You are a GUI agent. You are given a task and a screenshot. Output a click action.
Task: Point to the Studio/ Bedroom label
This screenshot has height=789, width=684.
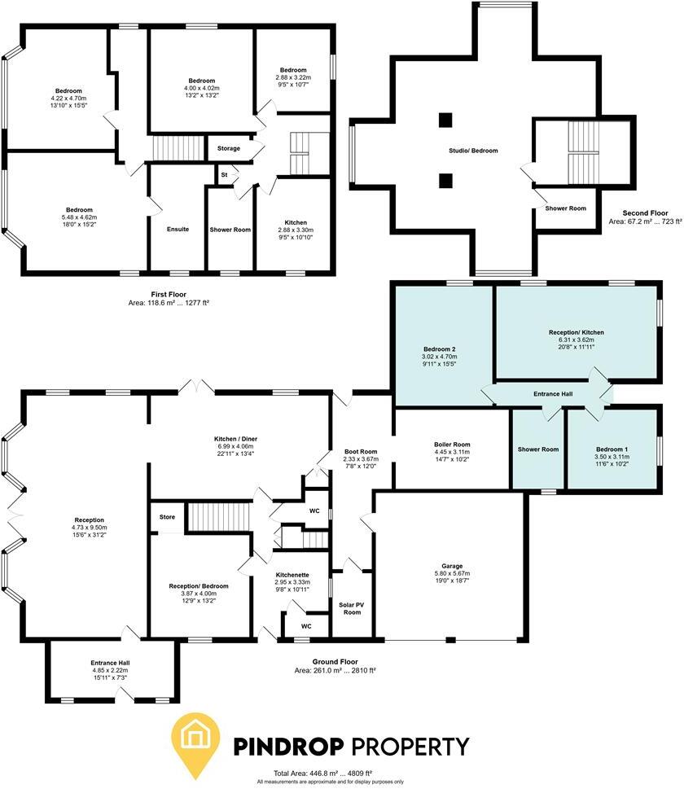point(472,151)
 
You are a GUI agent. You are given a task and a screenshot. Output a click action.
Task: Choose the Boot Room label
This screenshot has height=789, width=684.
point(361,452)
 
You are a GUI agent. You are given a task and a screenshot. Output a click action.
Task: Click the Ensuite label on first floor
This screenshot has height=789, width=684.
point(178,230)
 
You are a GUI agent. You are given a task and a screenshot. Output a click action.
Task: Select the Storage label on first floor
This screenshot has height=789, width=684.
point(229,149)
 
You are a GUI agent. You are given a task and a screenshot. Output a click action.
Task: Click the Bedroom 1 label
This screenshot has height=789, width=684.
point(611,449)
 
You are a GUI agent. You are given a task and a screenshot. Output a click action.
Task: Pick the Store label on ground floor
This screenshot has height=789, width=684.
point(167,517)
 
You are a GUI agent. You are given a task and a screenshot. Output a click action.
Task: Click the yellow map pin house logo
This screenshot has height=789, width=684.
point(195,742)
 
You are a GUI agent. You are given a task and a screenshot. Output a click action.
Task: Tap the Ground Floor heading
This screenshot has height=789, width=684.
point(335,662)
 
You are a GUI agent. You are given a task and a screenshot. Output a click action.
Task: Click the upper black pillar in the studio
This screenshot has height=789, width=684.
point(445,121)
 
